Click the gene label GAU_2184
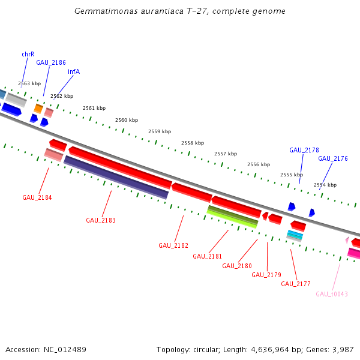(x=37, y=197)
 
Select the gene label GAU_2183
(x=101, y=220)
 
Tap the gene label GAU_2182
(x=173, y=245)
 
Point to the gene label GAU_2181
(x=208, y=256)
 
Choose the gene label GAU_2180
(x=237, y=266)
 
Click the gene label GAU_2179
(x=266, y=275)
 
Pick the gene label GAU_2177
(x=296, y=284)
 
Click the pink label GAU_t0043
(x=332, y=294)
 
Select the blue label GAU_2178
(x=304, y=150)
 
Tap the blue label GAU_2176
(x=333, y=158)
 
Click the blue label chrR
(x=28, y=54)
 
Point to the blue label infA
(x=74, y=71)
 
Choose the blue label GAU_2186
(x=51, y=62)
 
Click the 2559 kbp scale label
(x=160, y=131)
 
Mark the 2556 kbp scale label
(x=259, y=164)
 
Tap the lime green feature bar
(x=233, y=217)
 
